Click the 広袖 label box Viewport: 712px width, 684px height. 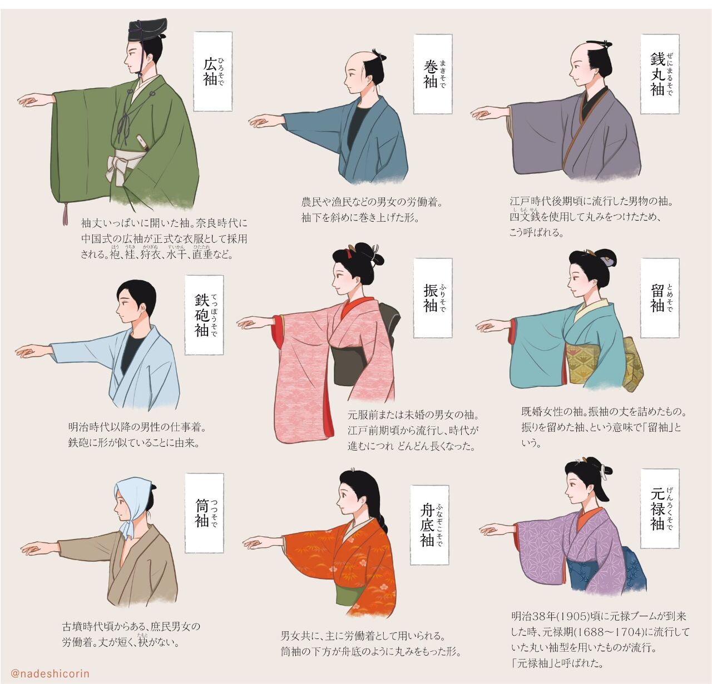(212, 72)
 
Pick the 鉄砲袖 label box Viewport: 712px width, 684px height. (204, 315)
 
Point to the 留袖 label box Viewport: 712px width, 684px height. (660, 298)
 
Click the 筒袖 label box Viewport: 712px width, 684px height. (204, 513)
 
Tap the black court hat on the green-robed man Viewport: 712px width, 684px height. (147, 30)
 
